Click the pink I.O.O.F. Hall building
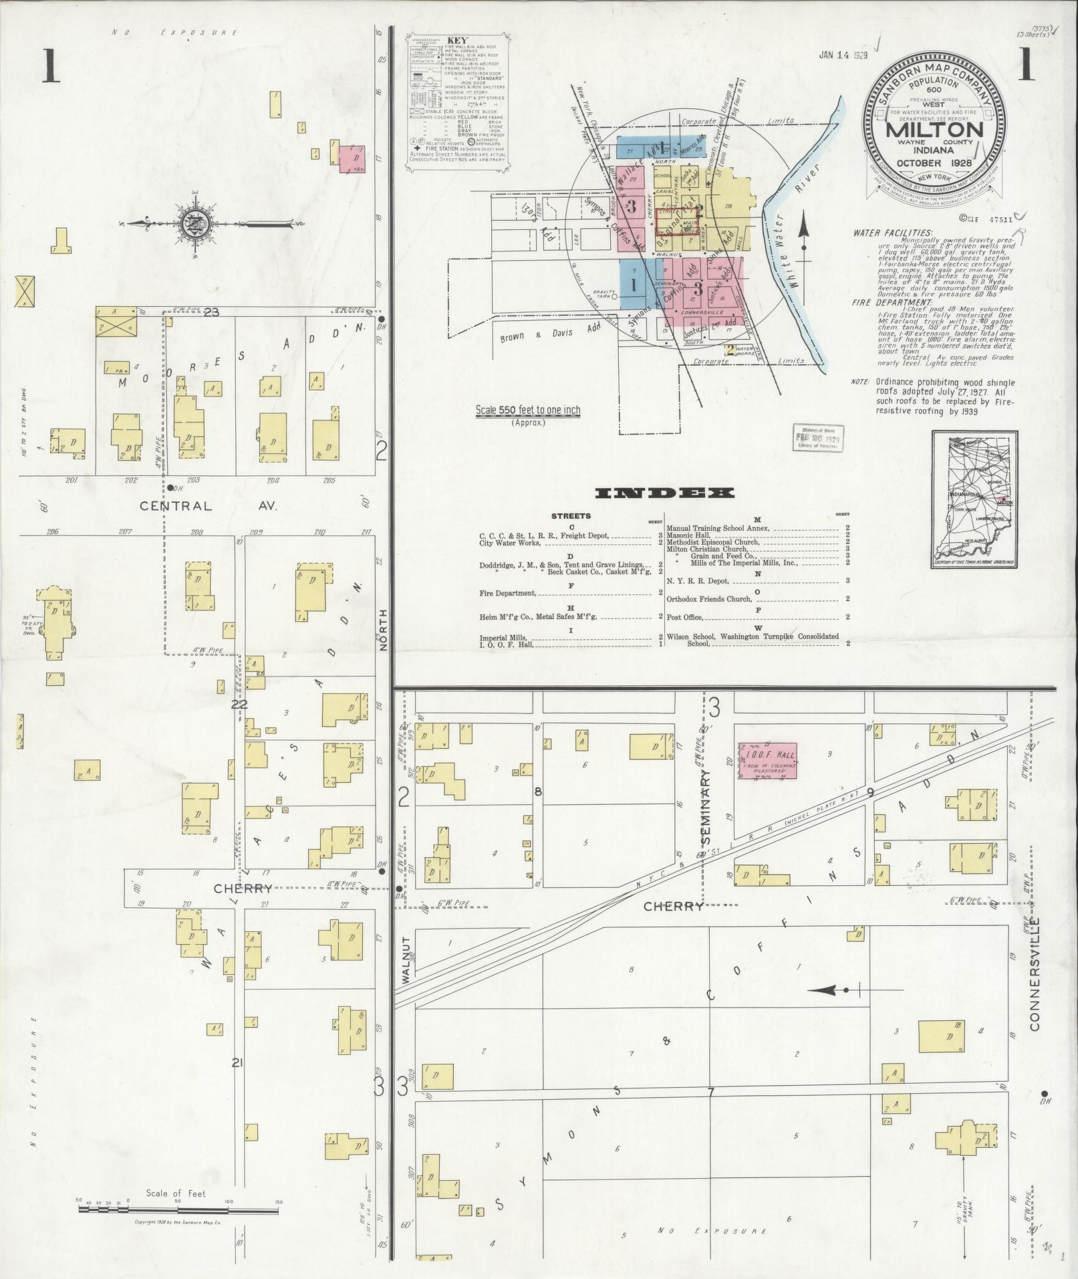(767, 760)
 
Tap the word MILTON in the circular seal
(934, 129)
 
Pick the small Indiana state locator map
(974, 499)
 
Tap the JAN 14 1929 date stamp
(843, 55)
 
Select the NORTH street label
(384, 630)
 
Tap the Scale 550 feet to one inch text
(527, 410)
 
